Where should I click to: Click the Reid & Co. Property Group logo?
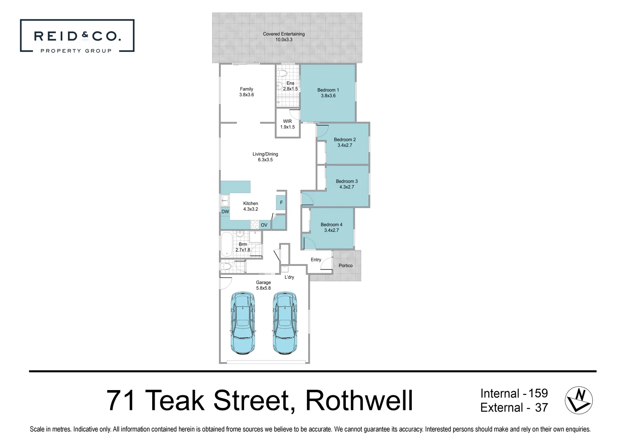(x=77, y=36)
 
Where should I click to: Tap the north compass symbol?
(x=579, y=400)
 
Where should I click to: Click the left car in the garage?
(x=243, y=323)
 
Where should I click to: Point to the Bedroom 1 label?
(x=328, y=90)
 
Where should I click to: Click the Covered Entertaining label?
(x=283, y=34)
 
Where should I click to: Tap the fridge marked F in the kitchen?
(x=281, y=203)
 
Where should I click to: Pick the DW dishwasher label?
(x=225, y=212)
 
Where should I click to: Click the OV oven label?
(x=264, y=225)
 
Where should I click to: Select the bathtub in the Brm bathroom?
(x=227, y=244)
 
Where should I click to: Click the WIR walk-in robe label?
(x=287, y=121)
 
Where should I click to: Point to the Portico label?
(x=345, y=266)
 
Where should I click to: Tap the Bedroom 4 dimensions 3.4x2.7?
(x=331, y=230)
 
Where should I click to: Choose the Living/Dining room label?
(x=265, y=154)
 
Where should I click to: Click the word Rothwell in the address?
(x=359, y=401)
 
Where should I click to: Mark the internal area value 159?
(x=538, y=393)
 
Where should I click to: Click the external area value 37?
(x=541, y=407)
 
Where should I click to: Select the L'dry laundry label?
(x=289, y=277)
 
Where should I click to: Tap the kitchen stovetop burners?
(x=255, y=225)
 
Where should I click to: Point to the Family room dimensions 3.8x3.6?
(x=246, y=95)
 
